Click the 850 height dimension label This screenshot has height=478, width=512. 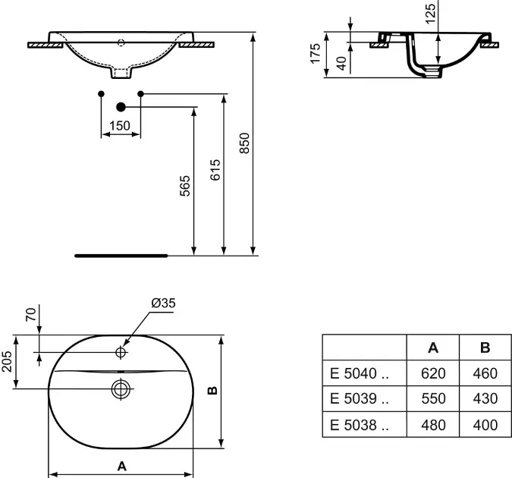(244, 143)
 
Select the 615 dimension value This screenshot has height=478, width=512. (215, 170)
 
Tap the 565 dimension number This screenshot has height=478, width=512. (185, 186)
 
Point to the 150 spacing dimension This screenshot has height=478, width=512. (120, 125)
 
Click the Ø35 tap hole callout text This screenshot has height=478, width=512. (163, 303)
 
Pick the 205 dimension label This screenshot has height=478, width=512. (7, 362)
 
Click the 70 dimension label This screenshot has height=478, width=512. (31, 315)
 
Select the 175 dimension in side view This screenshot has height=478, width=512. (316, 53)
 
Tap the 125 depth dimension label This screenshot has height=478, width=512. (430, 14)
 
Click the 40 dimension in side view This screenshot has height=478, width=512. (341, 64)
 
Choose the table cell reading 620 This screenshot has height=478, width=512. (433, 373)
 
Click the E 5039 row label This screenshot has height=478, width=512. (360, 398)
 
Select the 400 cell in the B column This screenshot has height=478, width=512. (485, 425)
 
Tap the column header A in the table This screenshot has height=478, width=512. (433, 347)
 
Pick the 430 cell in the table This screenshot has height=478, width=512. (485, 398)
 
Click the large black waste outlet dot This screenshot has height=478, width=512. (121, 107)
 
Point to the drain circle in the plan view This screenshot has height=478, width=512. (121, 388)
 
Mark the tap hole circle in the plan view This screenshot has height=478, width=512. (121, 352)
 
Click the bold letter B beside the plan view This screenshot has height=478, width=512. (212, 390)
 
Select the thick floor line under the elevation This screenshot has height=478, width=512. (121, 256)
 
